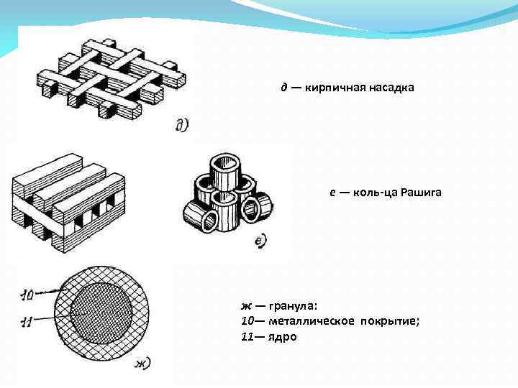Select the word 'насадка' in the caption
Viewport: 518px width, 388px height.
[391, 88]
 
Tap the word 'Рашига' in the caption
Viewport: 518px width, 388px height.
[424, 193]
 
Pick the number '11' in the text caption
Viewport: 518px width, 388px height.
[247, 336]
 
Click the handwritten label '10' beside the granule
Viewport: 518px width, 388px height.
[27, 294]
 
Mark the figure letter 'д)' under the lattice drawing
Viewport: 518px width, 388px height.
[181, 126]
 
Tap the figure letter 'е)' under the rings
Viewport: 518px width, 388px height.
[261, 241]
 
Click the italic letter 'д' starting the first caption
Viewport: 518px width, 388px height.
[284, 88]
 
